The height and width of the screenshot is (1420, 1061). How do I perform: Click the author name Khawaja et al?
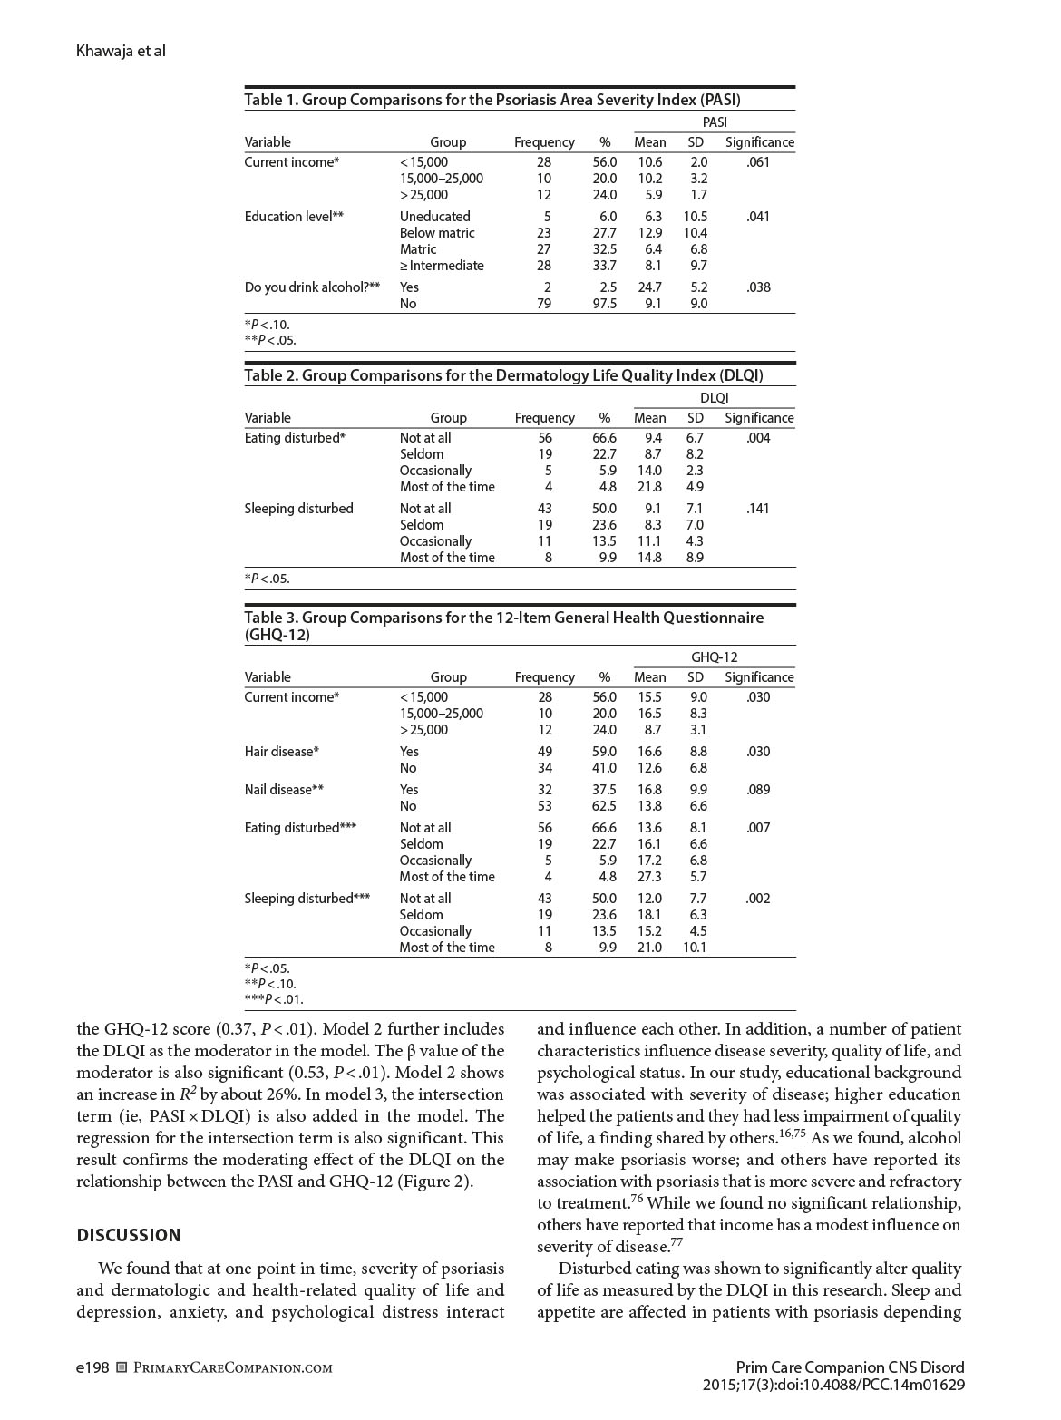121,51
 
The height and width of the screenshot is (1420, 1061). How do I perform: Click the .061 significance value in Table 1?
758,162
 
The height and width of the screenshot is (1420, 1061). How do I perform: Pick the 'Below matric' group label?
437,233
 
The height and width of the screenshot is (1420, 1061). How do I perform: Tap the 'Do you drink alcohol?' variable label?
312,287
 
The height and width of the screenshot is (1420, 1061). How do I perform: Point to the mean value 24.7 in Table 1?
649,287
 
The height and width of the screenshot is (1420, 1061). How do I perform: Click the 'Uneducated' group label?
434,217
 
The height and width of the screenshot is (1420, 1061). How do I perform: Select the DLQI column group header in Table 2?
714,397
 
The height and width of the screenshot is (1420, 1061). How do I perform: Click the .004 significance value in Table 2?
758,438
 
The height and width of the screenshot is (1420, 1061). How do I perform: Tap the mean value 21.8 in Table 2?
649,487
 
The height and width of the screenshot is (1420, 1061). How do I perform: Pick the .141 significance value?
758,509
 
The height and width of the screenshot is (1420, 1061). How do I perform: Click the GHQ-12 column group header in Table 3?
714,657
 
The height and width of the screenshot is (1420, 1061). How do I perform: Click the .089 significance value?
758,790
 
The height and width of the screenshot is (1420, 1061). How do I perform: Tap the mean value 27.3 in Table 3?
649,877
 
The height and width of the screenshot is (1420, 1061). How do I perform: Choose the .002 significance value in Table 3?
758,899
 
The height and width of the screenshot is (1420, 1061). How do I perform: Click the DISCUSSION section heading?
129,1235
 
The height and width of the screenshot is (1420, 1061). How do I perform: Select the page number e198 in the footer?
92,1367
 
